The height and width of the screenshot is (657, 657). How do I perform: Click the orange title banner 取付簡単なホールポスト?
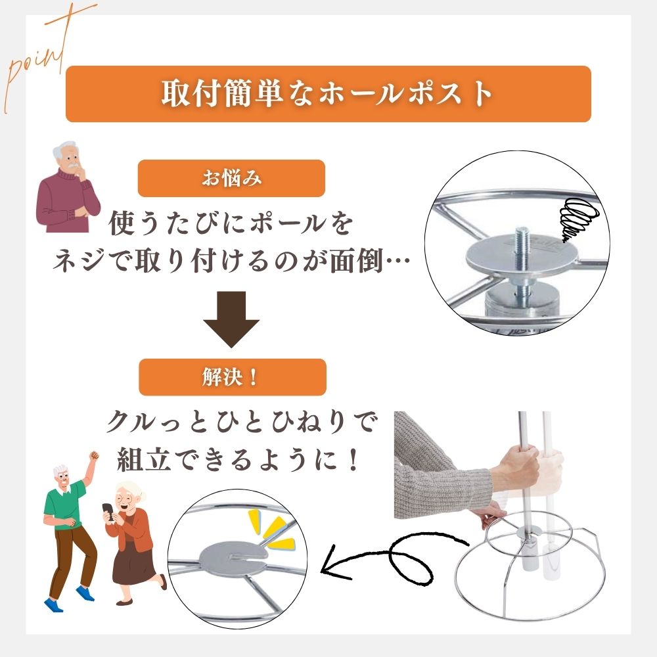coord(328,93)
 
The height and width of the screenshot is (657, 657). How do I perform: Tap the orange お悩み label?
coord(231,178)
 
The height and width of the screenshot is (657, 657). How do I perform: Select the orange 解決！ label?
coord(231,377)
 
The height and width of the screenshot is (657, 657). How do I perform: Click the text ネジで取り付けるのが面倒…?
coord(231,263)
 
